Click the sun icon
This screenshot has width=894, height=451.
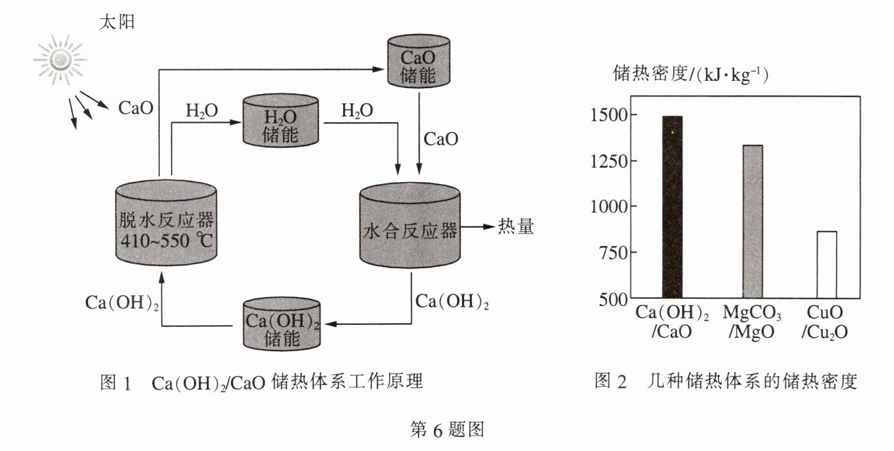[60, 60]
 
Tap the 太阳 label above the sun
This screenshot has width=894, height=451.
[117, 22]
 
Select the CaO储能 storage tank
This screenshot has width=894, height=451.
[419, 61]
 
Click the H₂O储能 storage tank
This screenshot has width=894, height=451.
[281, 120]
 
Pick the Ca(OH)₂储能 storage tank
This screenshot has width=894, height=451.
[282, 324]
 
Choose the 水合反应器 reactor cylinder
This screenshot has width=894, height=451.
[410, 225]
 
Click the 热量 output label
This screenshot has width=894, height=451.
[516, 226]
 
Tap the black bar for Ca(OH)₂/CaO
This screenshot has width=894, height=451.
[673, 207]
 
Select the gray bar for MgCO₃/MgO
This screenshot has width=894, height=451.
[752, 221]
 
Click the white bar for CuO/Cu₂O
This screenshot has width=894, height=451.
[827, 264]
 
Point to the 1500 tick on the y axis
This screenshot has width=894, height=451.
[609, 115]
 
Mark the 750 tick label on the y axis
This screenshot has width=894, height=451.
[614, 252]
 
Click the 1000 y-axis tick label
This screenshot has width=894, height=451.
[609, 206]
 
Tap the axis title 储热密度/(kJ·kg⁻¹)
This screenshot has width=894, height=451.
[691, 74]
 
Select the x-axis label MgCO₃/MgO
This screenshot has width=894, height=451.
[752, 322]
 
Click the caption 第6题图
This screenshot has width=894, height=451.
[447, 430]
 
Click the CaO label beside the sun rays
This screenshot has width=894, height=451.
[136, 108]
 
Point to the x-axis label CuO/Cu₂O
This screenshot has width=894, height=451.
[825, 322]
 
